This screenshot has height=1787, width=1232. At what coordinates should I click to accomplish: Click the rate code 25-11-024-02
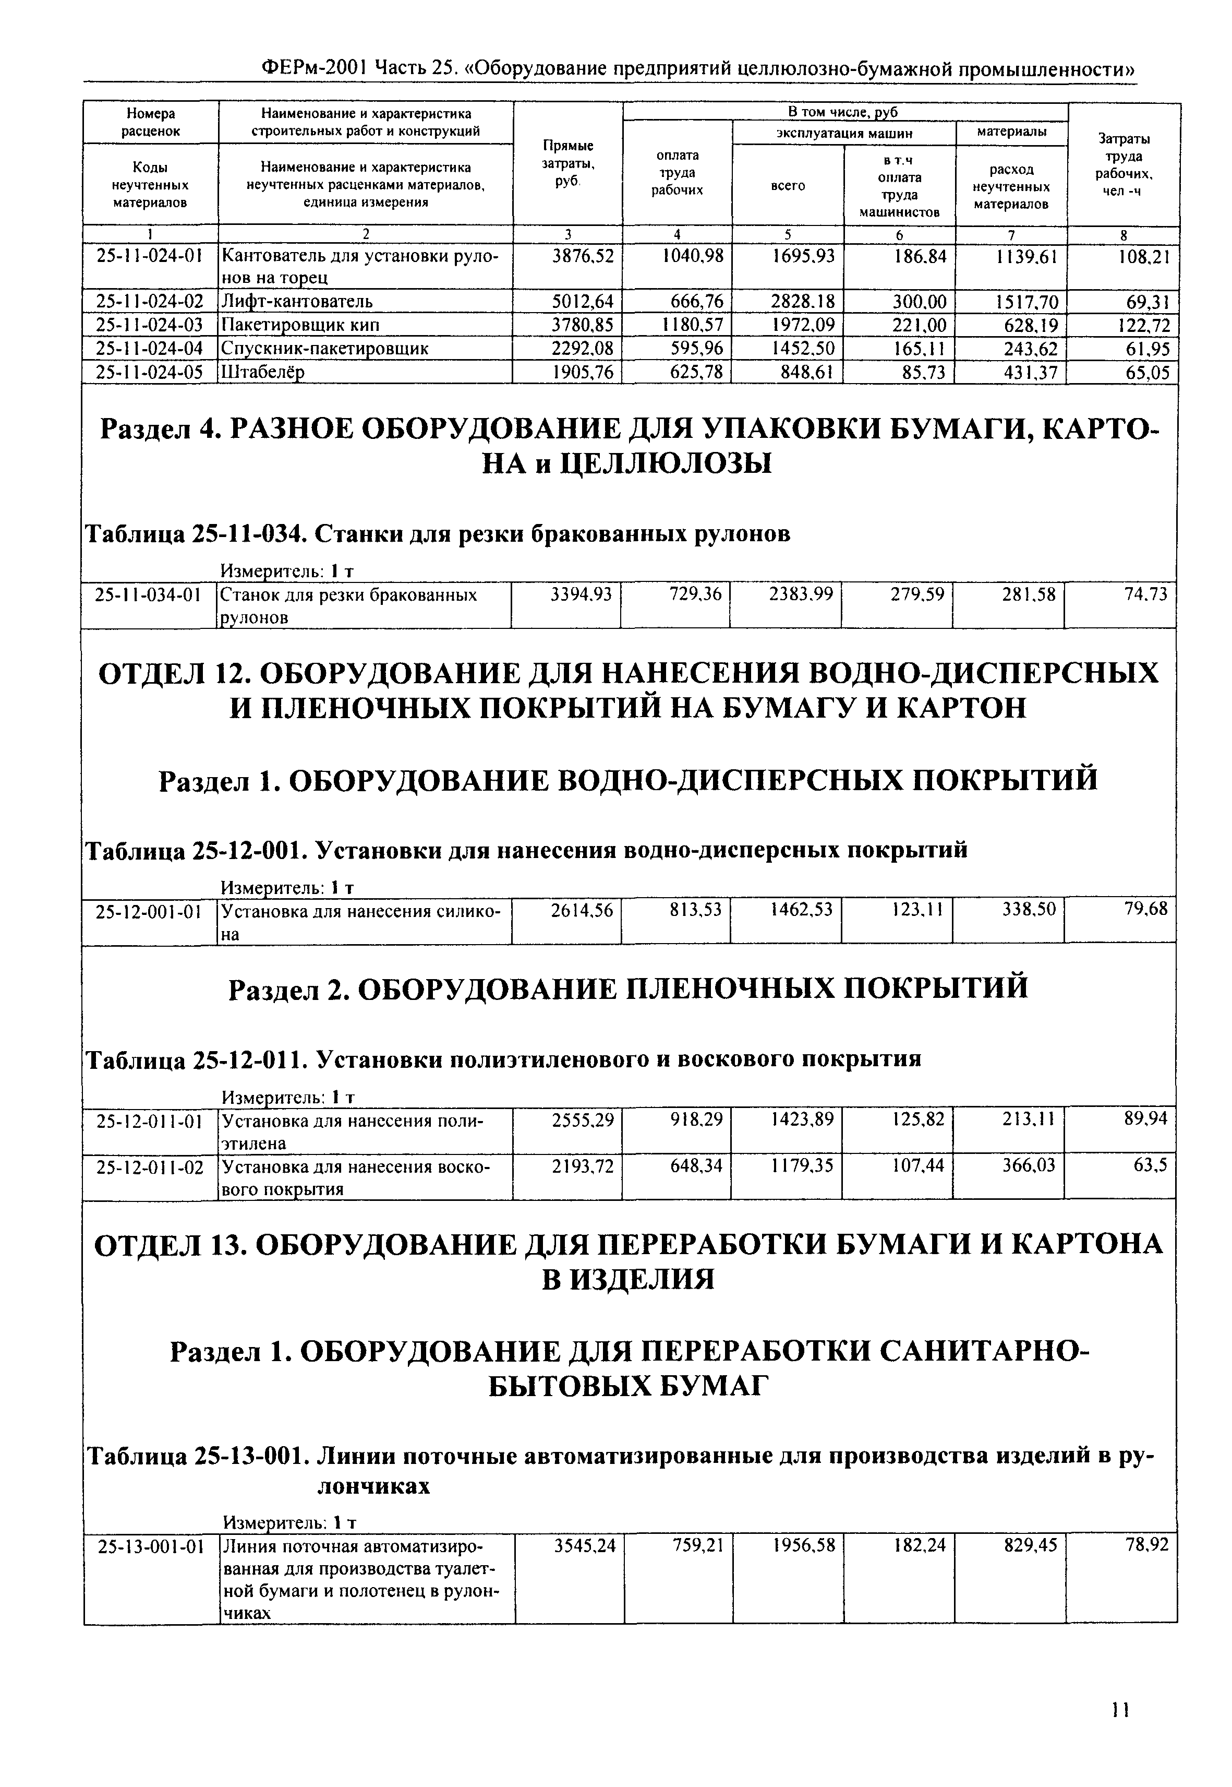click(148, 301)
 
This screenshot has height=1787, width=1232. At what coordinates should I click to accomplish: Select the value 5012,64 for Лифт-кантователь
click(583, 301)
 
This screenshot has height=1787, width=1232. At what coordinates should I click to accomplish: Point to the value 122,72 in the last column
click(1143, 324)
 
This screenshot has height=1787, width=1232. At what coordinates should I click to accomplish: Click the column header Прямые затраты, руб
click(567, 163)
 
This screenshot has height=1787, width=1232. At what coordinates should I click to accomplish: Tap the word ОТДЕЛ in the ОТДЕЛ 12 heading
click(151, 673)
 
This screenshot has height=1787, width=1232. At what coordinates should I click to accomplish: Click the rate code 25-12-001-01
click(148, 911)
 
